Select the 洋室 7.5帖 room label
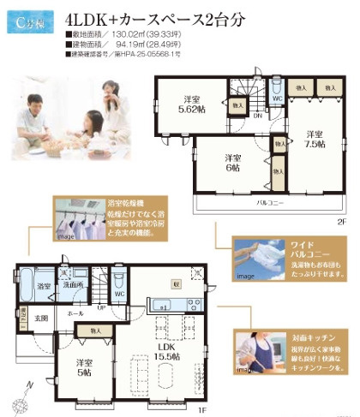[313, 138]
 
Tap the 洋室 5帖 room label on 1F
[83, 367]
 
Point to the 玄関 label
[40, 318]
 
